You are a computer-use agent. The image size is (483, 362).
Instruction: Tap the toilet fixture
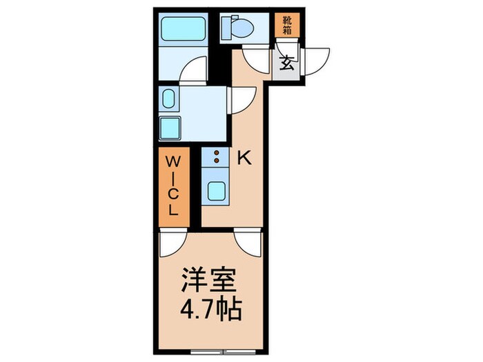239,28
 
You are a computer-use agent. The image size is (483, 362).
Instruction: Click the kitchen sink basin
217,189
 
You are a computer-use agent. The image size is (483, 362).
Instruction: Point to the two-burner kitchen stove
217,157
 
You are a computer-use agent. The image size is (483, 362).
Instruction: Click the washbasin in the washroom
169,99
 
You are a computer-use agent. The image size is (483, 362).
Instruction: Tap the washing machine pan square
170,128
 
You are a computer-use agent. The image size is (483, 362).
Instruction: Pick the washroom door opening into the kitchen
241,99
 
